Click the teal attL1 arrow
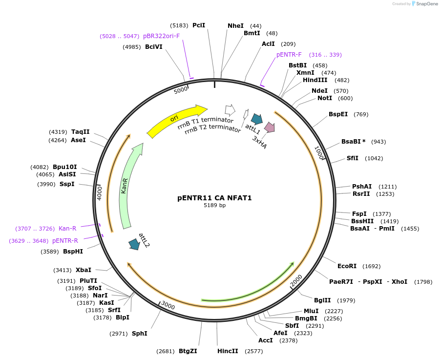[x=256, y=119]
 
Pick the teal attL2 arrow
[x=133, y=244]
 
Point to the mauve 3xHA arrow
[x=269, y=127]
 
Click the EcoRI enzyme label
[x=346, y=266]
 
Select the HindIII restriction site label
[x=315, y=80]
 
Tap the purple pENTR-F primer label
[x=289, y=55]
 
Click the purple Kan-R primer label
[x=67, y=229]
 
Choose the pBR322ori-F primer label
[x=161, y=36]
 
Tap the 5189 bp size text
[x=214, y=206]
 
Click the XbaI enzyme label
[x=83, y=270]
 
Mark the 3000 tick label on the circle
[x=168, y=305]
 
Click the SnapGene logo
[x=424, y=4]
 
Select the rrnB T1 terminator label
[x=202, y=124]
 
